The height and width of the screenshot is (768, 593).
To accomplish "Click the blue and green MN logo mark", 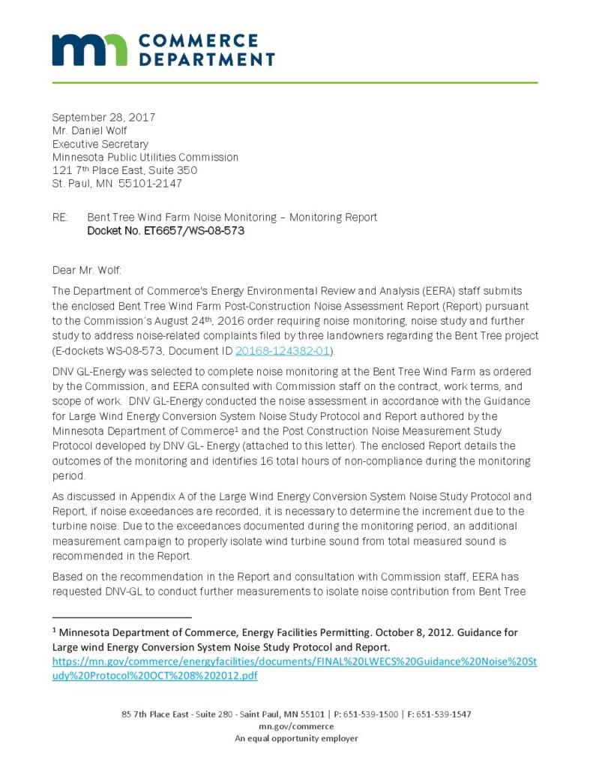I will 88,49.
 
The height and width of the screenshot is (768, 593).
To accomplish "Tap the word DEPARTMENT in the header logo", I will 208,59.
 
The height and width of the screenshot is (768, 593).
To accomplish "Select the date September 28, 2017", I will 103,117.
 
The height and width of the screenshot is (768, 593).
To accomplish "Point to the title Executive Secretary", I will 100,144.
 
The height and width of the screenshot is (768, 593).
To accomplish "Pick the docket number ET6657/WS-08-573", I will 166,231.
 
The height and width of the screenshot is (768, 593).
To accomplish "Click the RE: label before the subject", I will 60,217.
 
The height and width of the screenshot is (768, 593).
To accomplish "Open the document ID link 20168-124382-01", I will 282,350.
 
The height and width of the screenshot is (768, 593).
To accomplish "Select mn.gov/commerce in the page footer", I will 296,726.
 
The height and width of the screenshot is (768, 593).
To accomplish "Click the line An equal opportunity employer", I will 296,738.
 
